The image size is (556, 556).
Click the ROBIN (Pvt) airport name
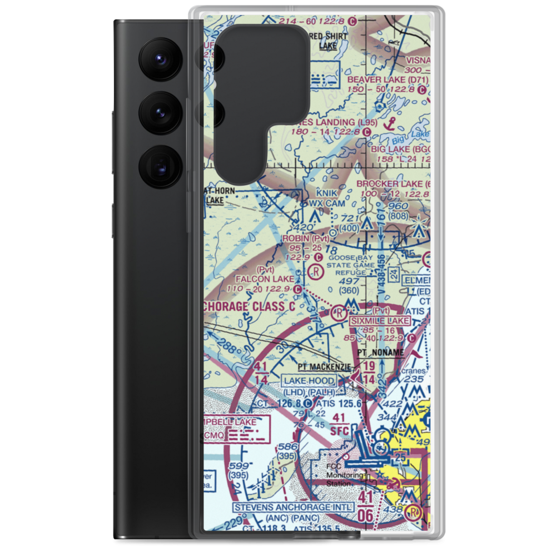[304, 238]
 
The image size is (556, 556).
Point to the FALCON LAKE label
[272, 279]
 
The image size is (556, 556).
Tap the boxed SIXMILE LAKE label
[380, 321]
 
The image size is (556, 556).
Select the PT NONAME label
[380, 353]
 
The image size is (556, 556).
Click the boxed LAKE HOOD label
[309, 381]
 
